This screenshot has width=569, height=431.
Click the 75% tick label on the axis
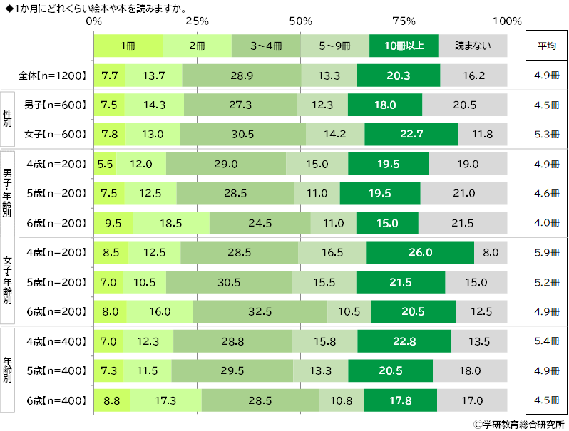pos(404,21)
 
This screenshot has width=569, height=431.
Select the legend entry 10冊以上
pos(404,46)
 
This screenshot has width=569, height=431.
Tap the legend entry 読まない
pos(473,46)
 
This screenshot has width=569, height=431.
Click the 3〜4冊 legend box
pos(266,46)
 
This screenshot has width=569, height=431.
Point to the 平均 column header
pos(546,46)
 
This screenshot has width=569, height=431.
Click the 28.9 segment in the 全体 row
pos(242,76)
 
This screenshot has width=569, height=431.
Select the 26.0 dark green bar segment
pos(420,252)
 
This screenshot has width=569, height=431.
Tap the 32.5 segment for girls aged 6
pos(260,311)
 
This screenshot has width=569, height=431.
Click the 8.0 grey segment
pos(491,252)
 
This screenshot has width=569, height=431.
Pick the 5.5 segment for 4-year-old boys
pos(105,164)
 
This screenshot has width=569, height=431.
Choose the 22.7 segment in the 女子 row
pos(411,134)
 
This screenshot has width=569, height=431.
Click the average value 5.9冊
pos(546,252)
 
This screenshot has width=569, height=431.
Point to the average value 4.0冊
pos(546,222)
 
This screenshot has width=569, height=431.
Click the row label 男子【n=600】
pos(56,105)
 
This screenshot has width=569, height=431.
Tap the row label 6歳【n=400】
pos(56,400)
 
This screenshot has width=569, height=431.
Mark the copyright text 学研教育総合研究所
pos(518,424)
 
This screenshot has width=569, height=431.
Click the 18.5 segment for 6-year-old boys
pos(171,222)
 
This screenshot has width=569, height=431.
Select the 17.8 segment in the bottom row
pos(400,400)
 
